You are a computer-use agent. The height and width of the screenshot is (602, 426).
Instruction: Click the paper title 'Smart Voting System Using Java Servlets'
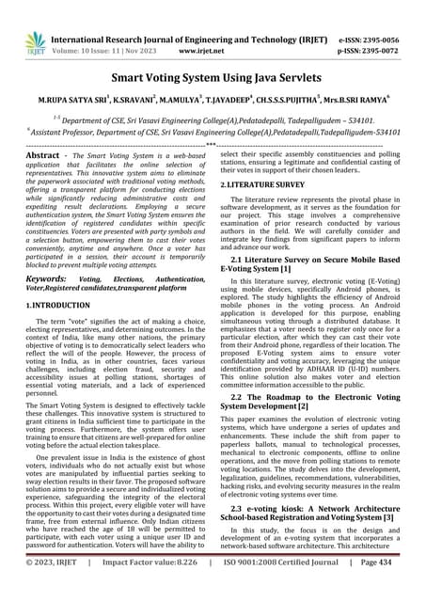coord(213,81)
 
